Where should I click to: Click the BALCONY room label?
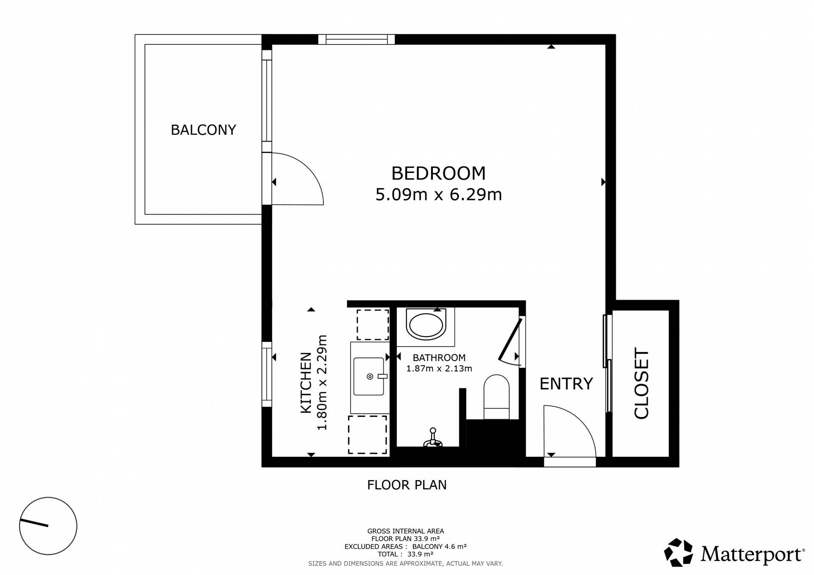pos(203,130)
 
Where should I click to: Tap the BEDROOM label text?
pos(438,173)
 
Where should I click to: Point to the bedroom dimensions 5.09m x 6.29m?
pos(439,194)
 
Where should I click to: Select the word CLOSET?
pos(641,383)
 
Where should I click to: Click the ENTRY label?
pos(566,383)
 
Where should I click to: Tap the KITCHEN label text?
pos(306,383)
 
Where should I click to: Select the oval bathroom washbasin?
pos(426,324)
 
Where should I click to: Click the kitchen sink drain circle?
pos(370,376)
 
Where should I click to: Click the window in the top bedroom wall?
pos(357,39)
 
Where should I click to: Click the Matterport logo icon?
pos(678,552)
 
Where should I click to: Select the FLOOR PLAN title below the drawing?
pos(407,485)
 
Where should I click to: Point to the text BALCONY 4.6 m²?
pos(439,547)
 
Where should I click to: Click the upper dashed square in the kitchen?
pos(373,325)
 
